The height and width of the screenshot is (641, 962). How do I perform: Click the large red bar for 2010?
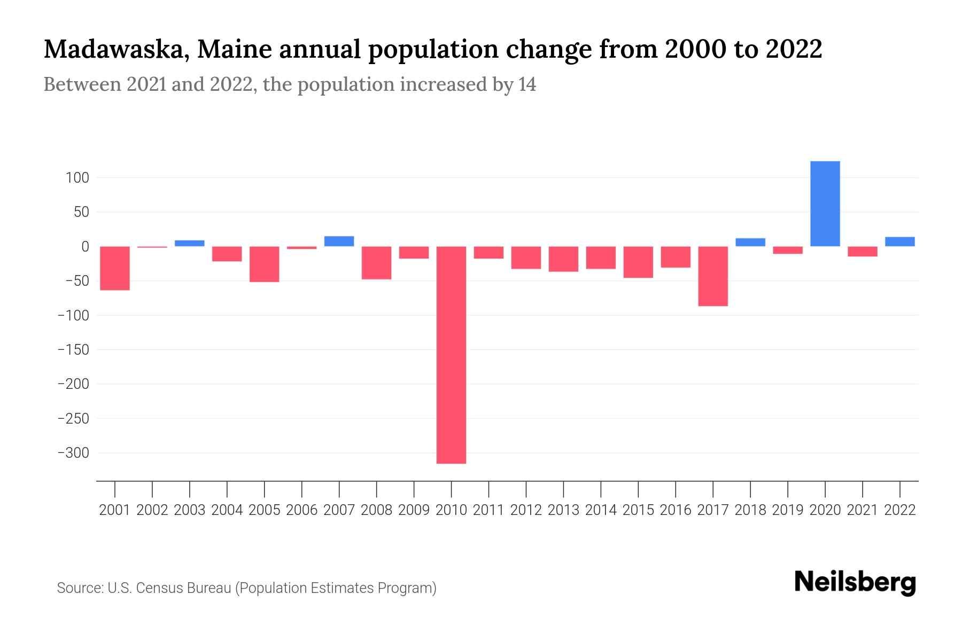(x=451, y=355)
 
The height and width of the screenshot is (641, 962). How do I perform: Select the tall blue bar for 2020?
(x=825, y=204)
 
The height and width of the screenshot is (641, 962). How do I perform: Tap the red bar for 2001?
(x=115, y=268)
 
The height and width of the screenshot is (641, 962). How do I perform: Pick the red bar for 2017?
(x=713, y=276)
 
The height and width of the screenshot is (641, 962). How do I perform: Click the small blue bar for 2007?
(x=339, y=241)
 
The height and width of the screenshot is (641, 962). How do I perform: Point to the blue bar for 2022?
(x=899, y=241)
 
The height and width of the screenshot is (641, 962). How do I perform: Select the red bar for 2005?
(x=265, y=264)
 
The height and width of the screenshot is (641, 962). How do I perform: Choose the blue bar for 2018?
(x=750, y=242)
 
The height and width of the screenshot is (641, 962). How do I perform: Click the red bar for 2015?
(x=638, y=262)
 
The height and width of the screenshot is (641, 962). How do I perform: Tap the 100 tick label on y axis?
(x=77, y=178)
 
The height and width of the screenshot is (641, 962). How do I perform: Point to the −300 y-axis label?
(x=73, y=453)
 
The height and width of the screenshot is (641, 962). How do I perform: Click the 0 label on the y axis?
(x=85, y=247)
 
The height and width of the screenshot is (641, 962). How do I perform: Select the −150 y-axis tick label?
(x=73, y=350)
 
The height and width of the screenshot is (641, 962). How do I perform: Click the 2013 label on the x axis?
(x=563, y=510)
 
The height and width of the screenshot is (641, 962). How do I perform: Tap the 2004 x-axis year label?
(x=227, y=510)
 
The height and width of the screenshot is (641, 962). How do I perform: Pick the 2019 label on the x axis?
(x=787, y=510)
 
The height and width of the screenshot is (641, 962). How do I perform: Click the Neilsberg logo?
(x=855, y=582)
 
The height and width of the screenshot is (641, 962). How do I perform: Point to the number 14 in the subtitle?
(x=527, y=84)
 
